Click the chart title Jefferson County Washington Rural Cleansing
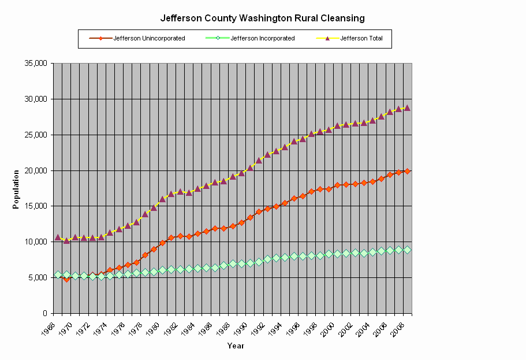tap(262, 18)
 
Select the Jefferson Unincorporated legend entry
tap(149, 39)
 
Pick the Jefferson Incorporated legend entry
tap(263, 39)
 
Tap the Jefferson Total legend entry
tap(365, 39)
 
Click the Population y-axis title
tap(16, 188)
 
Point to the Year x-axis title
tap(235, 346)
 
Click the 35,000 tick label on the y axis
tap(36, 63)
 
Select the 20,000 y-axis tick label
tap(36, 170)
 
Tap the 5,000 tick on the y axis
tap(39, 278)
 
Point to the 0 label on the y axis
tap(44, 314)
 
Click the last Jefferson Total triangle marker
tap(407, 107)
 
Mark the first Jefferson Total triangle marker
tap(58, 237)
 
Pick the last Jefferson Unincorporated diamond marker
tap(407, 171)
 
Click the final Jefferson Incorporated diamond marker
tap(407, 250)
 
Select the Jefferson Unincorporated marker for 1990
tap(250, 217)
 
